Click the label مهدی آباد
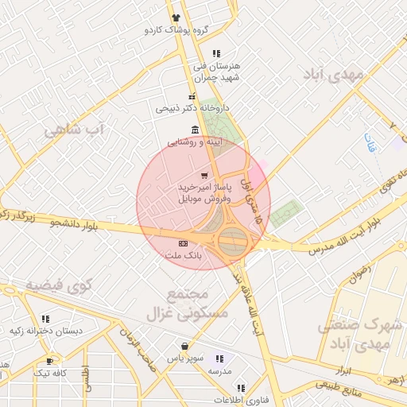point(333,74)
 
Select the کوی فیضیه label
point(59,284)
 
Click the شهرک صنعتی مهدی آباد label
point(358,335)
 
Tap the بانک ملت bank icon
point(184,243)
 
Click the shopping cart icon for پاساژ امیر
point(205,175)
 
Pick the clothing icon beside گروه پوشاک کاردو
point(176,18)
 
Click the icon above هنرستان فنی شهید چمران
point(215,53)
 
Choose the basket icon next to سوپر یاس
point(185,347)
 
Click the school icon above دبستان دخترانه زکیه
point(45,319)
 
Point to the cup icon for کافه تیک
point(50,360)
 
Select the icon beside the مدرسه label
point(219,359)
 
